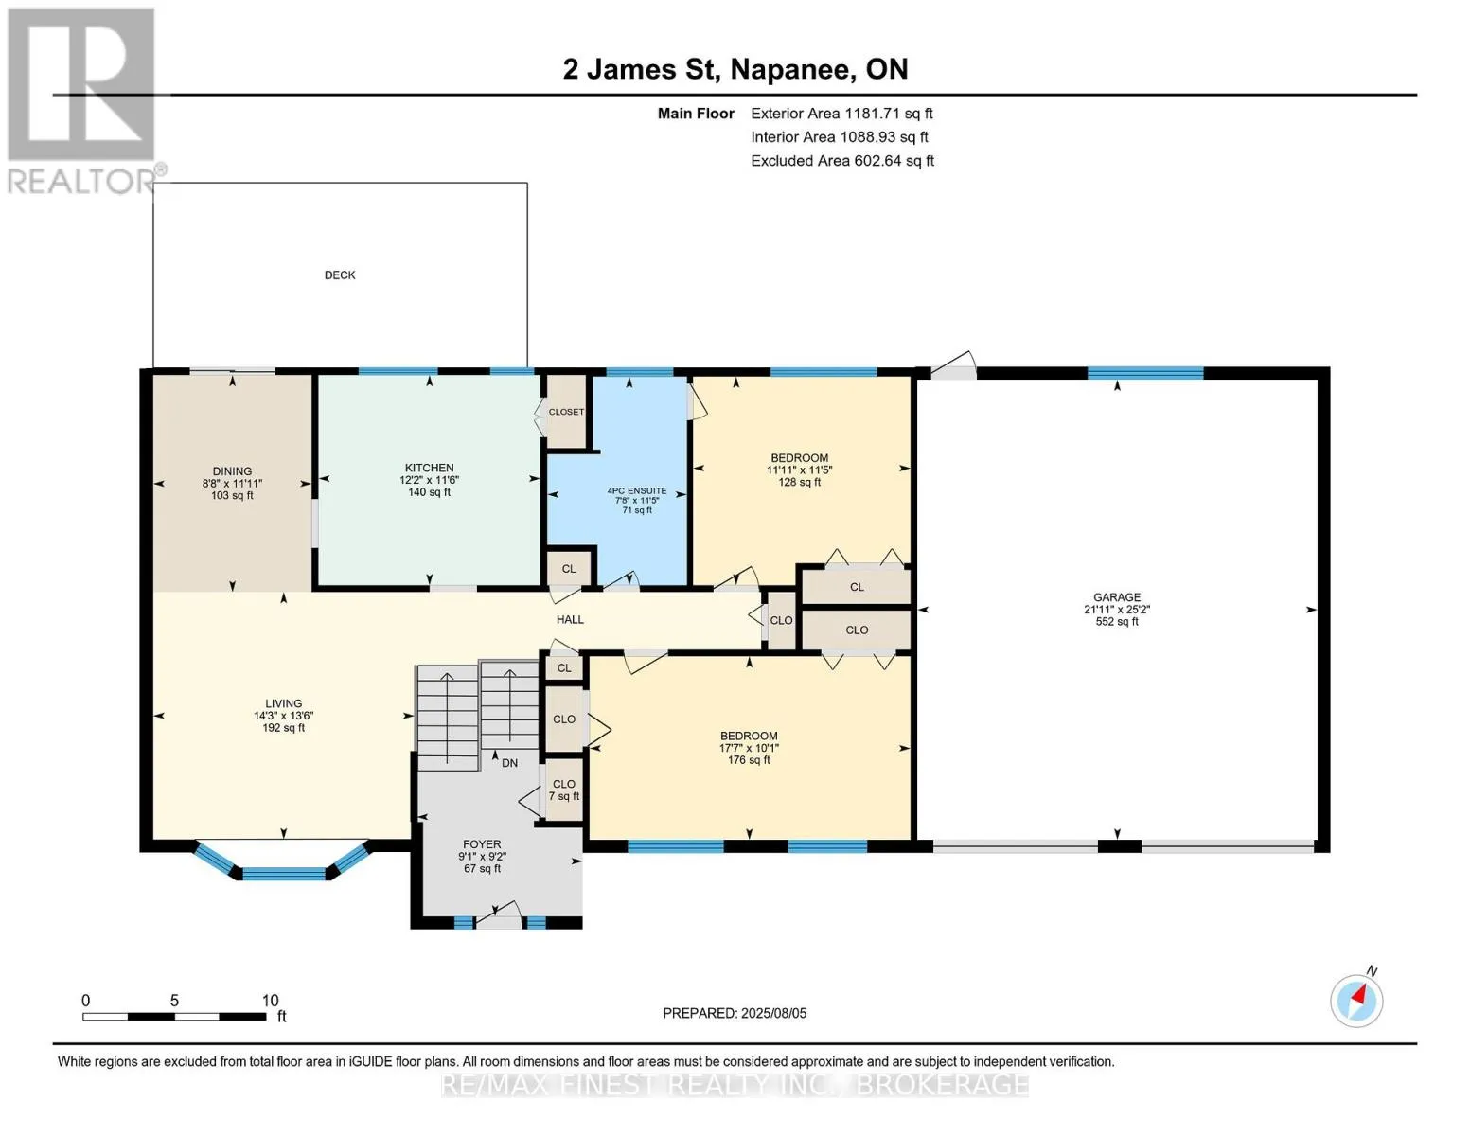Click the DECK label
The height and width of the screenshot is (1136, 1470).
[x=340, y=275]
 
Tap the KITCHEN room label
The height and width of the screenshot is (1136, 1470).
[x=429, y=468]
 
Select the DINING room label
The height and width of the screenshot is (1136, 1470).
[x=232, y=470]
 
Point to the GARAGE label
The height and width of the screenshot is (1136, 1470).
[x=1117, y=596]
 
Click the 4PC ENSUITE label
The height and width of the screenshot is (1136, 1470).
[x=637, y=490]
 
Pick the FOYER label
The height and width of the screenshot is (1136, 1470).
[x=482, y=844]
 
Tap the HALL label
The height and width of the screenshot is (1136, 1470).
[x=570, y=619]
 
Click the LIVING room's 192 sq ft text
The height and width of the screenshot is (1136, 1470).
[x=283, y=727]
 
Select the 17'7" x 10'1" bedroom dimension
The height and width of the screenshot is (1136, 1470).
[x=749, y=748]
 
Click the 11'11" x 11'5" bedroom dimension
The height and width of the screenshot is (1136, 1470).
[x=799, y=470]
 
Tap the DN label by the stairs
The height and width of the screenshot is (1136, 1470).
[x=509, y=762]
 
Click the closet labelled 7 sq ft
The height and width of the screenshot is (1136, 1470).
[x=563, y=790]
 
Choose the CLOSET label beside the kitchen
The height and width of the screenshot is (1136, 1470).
[x=566, y=412]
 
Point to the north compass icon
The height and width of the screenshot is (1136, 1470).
[x=1356, y=1001]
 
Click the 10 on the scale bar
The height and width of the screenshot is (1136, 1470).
[x=270, y=1000]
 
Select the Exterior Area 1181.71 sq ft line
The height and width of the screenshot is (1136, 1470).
[x=841, y=114]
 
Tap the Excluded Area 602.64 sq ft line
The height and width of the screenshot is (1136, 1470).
[x=842, y=161]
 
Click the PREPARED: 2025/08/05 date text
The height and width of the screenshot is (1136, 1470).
[x=735, y=1013]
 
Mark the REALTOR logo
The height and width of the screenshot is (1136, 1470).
[x=84, y=101]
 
